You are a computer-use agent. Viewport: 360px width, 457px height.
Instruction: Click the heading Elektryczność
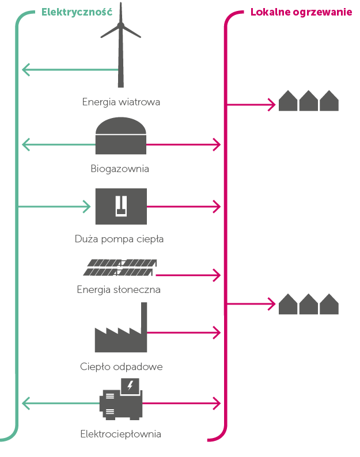(77, 12)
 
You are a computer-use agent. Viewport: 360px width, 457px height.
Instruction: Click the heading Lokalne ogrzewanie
(301, 12)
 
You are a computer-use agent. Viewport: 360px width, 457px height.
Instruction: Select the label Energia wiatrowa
(121, 102)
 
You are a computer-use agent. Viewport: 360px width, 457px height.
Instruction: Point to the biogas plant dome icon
(121, 136)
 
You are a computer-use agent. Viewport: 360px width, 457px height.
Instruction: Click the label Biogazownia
(120, 169)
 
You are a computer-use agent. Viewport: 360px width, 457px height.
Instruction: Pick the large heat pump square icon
(121, 206)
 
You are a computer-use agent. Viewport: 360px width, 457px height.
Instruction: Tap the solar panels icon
(120, 267)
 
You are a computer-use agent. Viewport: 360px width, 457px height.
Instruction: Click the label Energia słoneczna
(119, 290)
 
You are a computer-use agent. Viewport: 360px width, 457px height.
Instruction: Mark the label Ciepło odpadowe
(121, 367)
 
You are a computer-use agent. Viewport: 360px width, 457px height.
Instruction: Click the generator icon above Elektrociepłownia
(122, 400)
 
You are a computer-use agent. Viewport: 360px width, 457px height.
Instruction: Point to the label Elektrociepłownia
(120, 434)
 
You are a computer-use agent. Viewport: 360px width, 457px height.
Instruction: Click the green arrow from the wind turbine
(69, 70)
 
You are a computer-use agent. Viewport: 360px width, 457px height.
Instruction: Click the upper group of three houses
(308, 101)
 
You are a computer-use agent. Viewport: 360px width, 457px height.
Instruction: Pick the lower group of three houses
(308, 304)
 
